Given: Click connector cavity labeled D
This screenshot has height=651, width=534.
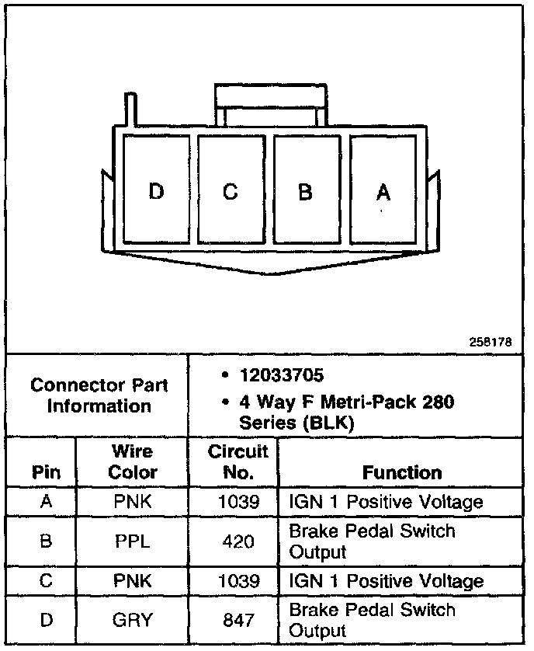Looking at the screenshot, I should point(156,190).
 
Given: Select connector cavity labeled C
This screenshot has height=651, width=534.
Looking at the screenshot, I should point(231,190).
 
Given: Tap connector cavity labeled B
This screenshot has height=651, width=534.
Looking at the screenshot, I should point(306,190).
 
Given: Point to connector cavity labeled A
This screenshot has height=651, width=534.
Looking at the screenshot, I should point(382,190).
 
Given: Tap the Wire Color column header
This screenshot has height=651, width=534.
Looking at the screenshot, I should point(133,461).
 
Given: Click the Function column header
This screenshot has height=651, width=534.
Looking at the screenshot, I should point(402,472).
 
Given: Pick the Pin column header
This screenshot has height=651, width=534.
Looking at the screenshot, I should point(45,472).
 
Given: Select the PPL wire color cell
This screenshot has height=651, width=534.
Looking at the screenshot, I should point(133,541).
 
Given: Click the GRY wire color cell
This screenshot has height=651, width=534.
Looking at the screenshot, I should point(133,620).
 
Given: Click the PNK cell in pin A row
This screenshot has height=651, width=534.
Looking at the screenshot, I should point(133,503).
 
